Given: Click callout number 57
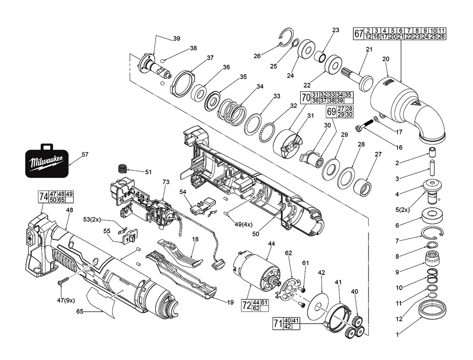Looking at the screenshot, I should click(85, 154).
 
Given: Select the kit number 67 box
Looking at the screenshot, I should click(359, 34).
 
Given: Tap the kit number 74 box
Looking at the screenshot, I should click(43, 198).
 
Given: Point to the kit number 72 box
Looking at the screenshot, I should click(246, 305).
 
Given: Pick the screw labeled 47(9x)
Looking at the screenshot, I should click(61, 282).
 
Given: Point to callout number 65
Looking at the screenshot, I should click(79, 311).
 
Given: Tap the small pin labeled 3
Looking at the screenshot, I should click(432, 168).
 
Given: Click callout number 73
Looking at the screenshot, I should click(166, 182).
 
